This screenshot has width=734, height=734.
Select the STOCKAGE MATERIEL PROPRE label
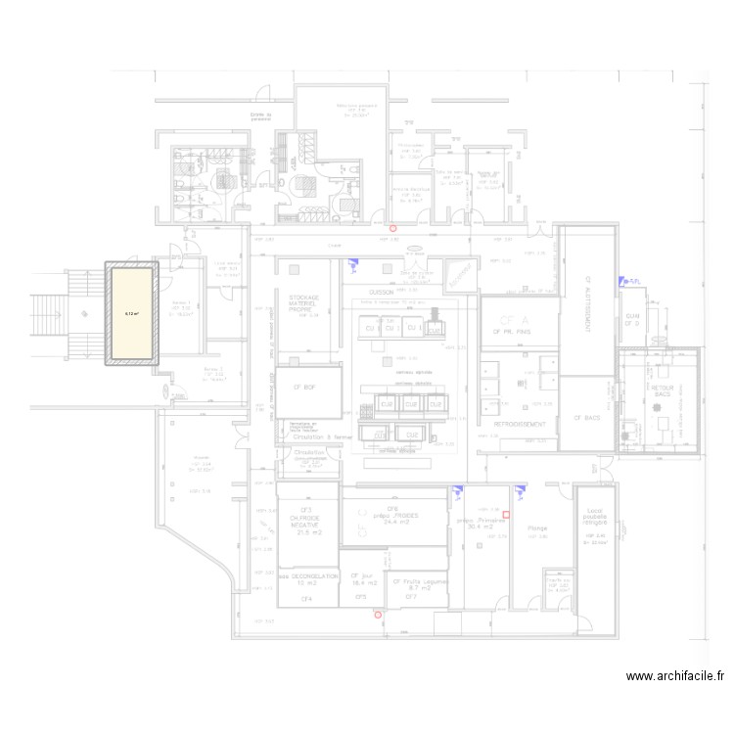pos(304,303)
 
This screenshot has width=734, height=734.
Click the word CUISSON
pos(381,293)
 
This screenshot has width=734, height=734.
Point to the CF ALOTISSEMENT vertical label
pos(589,303)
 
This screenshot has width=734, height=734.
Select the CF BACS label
pos(587,418)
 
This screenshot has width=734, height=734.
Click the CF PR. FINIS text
pos(511,332)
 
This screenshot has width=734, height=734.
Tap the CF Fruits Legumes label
pos(419,585)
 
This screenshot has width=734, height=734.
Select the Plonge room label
pos(537,528)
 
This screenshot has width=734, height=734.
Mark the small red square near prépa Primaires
pos(507,514)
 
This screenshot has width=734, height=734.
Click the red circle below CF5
pos(378,615)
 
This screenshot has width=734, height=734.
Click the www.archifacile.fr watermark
pos(675,675)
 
